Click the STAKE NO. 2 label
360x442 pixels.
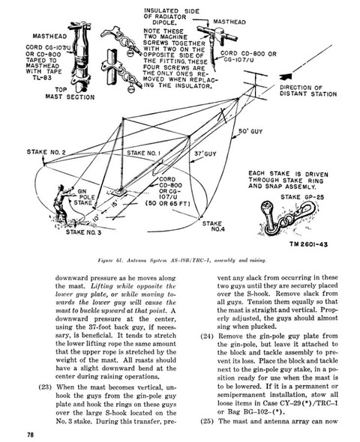tap(46, 152)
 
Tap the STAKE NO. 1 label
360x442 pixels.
tap(143, 153)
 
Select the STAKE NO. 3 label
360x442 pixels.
tap(83, 232)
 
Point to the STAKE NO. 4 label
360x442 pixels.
tap(214, 226)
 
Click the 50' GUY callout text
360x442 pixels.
tap(250, 131)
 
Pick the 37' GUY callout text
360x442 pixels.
tap(205, 154)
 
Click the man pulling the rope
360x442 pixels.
tap(62, 204)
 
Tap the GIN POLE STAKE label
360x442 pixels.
tap(84, 197)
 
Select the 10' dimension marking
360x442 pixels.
tap(97, 217)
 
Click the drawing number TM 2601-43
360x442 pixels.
tap(308, 244)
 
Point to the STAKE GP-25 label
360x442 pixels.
tap(302, 197)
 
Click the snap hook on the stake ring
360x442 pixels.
tap(302, 212)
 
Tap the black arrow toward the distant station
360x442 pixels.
tap(286, 76)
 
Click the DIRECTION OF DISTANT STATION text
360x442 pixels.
tap(308, 91)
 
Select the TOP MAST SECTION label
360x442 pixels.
tap(70, 94)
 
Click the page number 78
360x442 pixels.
tap(30, 435)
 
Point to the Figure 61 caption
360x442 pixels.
tap(181, 260)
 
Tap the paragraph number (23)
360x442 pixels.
tap(45, 387)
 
